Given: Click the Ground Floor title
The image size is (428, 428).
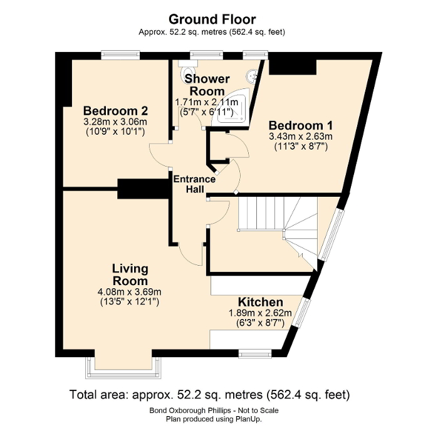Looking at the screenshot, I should tap(214, 19).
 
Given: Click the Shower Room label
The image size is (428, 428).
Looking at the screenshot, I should tap(207, 85).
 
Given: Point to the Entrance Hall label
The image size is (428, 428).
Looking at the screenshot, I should tap(194, 184).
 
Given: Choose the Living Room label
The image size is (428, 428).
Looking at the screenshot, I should tap(130, 274).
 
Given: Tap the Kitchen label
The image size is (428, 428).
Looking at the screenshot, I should tap(260, 302).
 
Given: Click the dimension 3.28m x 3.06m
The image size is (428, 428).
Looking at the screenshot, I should tap(107, 122).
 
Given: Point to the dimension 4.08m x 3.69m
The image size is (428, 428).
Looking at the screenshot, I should tap(130, 291).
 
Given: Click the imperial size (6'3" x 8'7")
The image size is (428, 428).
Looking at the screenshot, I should tap(260, 323).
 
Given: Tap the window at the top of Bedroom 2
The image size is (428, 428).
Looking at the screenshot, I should tap(120, 55).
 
